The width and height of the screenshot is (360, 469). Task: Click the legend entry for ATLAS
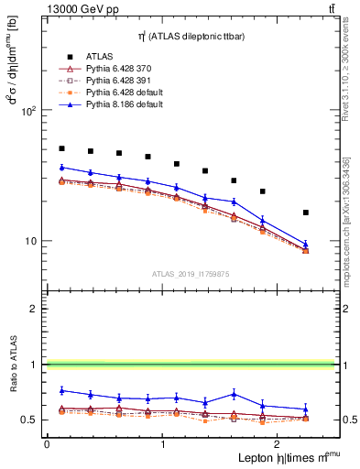point(100,56)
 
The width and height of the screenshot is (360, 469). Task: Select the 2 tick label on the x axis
point(278,444)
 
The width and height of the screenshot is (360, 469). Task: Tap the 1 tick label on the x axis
point(162,444)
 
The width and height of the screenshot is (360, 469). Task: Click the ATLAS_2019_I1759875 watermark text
point(191,274)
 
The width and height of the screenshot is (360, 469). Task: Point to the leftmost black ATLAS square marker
point(61,148)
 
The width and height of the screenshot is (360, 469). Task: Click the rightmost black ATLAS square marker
point(305,213)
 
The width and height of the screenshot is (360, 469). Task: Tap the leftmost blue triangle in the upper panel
point(61,168)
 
